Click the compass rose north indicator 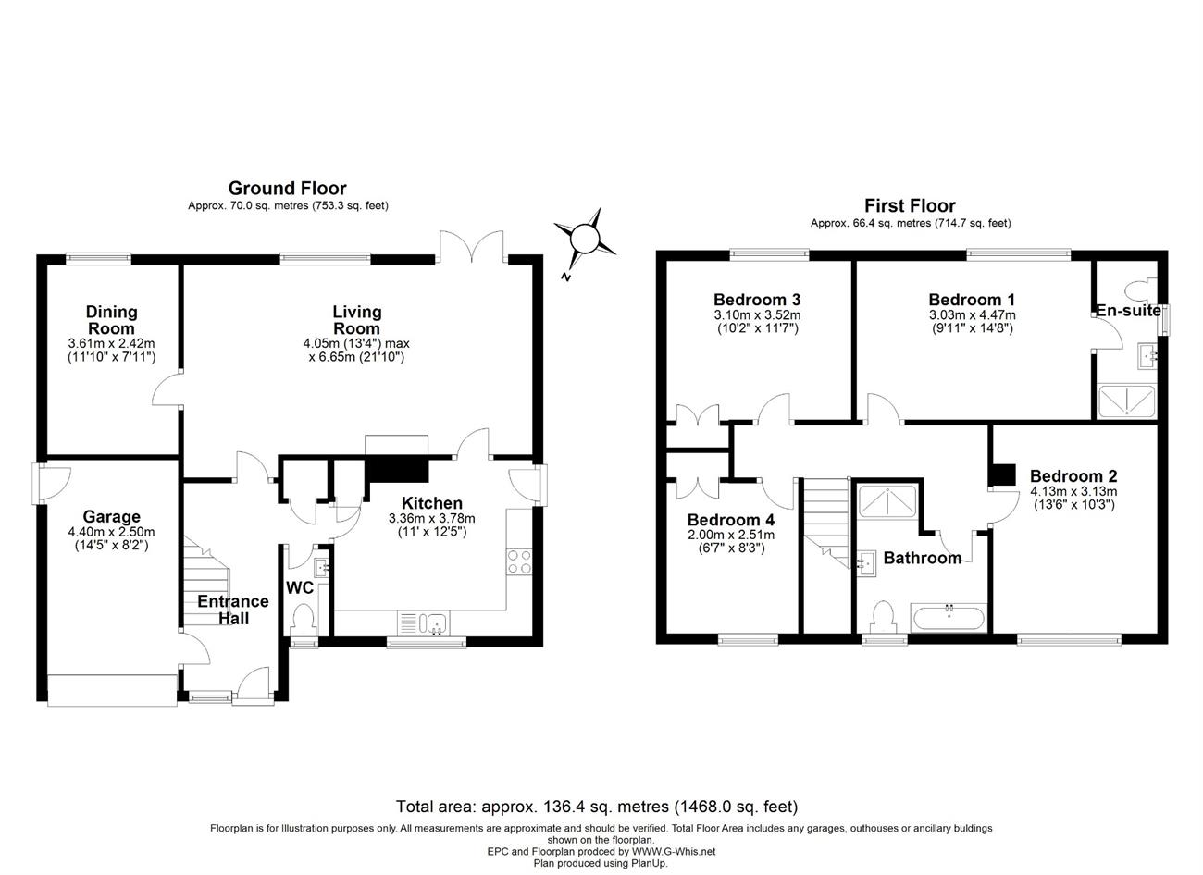(x=585, y=239)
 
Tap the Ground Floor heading (x=287, y=189)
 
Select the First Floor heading (x=910, y=205)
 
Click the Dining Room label (x=112, y=320)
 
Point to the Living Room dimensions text (x=356, y=350)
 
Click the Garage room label (x=112, y=516)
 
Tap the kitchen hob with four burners (x=519, y=561)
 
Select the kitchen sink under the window (x=424, y=622)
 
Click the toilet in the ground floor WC (x=304, y=619)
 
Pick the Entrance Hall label (x=233, y=610)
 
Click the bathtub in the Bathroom (x=949, y=617)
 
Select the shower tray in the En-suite (x=1126, y=401)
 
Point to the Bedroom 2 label (x=1073, y=476)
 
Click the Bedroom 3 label (x=757, y=300)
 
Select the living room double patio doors (x=472, y=247)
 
